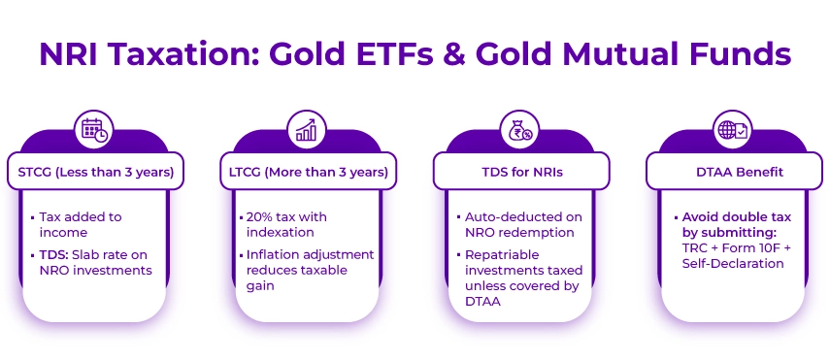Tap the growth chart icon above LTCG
coord(307,129)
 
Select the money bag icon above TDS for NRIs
coord(519,129)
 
